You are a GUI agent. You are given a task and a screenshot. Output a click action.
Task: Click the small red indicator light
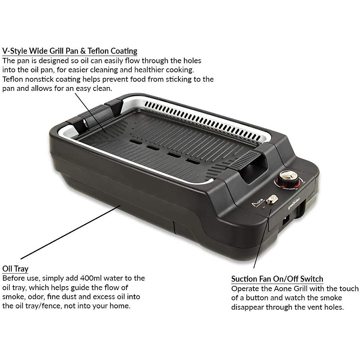pyautogui.click(x=264, y=207)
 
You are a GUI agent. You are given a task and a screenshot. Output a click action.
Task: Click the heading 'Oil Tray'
pyautogui.click(x=15, y=268)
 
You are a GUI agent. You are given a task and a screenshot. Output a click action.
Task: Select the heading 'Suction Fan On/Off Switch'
pyautogui.click(x=277, y=279)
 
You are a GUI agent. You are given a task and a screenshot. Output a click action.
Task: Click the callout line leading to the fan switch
pyautogui.click(x=263, y=240)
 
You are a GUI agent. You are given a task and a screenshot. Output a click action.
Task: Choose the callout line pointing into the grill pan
pyautogui.click(x=90, y=112)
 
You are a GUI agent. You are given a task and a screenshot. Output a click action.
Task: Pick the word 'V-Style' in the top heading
pyautogui.click(x=15, y=51)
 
